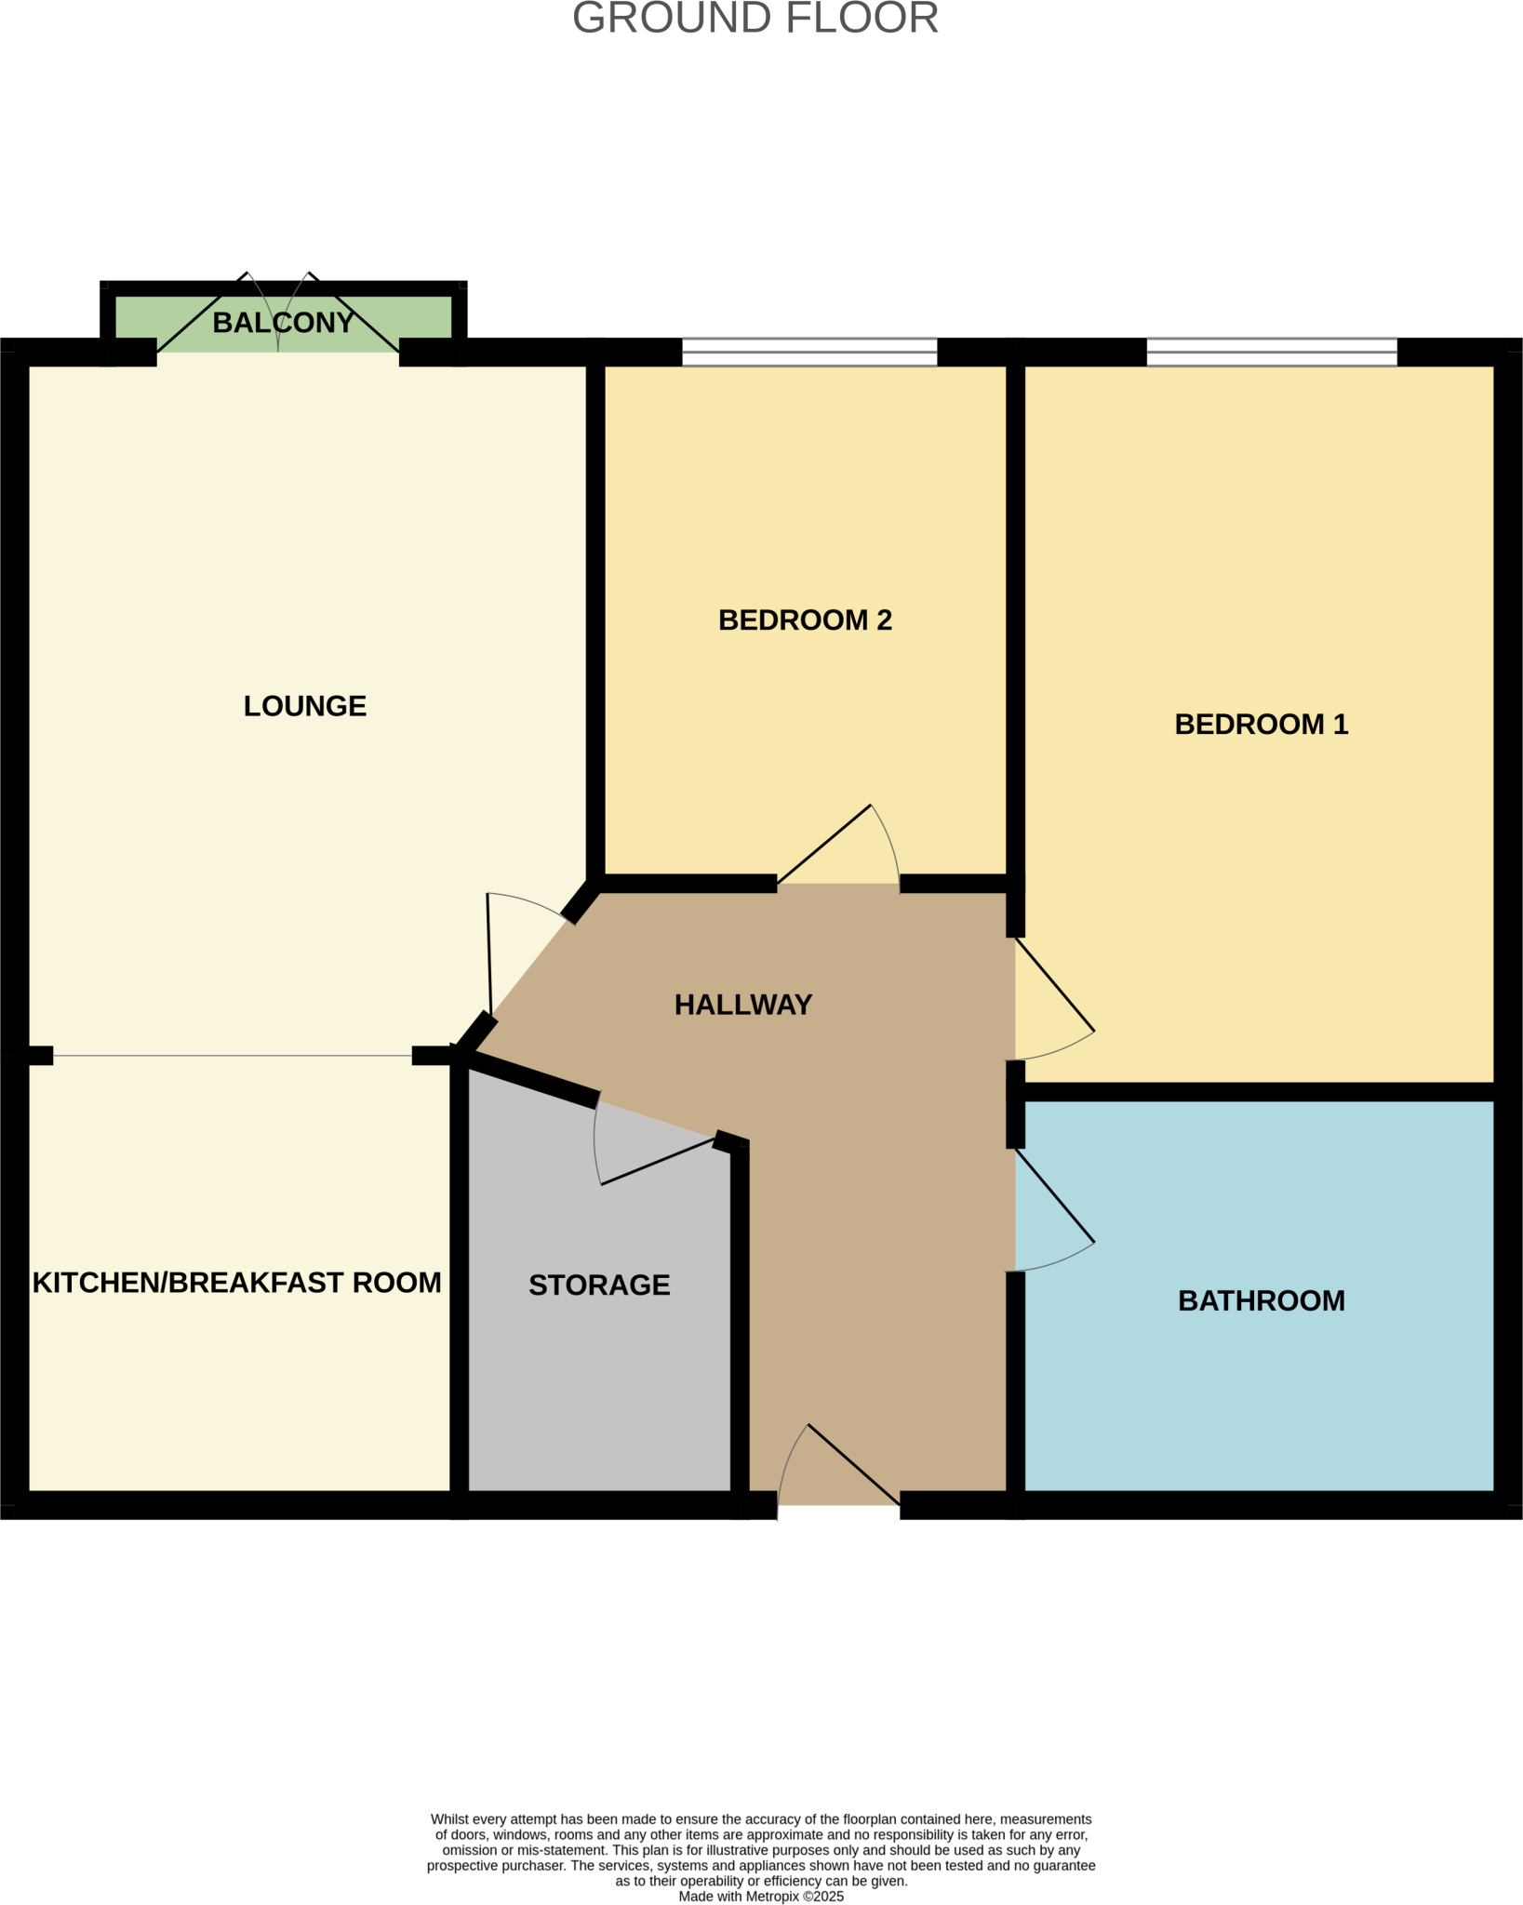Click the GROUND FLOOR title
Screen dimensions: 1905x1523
[x=755, y=19]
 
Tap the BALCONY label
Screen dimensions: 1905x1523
[x=283, y=323]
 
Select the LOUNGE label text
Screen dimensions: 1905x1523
[x=305, y=706]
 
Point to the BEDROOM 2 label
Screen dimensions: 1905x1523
[x=805, y=620]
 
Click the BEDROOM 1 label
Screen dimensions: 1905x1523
[x=1261, y=725]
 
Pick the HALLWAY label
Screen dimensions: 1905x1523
[x=743, y=1005]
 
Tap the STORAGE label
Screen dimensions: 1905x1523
[x=599, y=1285]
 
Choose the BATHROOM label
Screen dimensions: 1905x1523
[x=1261, y=1300]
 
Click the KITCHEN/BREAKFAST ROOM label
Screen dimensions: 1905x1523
[x=237, y=1283]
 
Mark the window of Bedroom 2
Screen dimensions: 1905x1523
[x=809, y=353]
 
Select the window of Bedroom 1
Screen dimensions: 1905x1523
[x=1272, y=353]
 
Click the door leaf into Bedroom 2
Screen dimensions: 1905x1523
[x=824, y=844]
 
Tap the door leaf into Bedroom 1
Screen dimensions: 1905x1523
[x=1055, y=985]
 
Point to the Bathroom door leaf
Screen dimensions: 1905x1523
[x=1055, y=1196]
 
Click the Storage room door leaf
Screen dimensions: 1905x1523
[x=658, y=1162]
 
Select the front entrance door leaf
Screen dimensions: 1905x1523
[x=853, y=1464]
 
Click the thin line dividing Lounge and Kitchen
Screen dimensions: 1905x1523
[x=233, y=1056]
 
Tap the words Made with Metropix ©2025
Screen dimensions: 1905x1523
[x=761, y=1896]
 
